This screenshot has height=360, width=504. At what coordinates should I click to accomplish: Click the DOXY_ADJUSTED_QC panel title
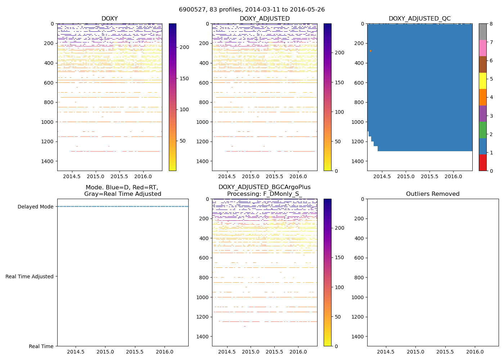(419, 19)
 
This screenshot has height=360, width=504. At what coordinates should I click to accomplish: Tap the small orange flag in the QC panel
(370, 51)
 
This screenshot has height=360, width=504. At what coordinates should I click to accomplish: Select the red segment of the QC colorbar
(482, 162)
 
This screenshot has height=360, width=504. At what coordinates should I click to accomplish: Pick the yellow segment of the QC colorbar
(482, 81)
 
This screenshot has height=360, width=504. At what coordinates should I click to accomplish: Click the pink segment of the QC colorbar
(482, 48)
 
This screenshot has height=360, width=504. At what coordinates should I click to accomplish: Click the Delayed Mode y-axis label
(35, 207)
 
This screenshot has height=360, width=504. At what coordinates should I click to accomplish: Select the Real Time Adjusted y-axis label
(30, 276)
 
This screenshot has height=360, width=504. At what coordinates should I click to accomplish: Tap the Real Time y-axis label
(41, 346)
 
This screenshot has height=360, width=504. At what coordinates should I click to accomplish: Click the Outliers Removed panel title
(433, 194)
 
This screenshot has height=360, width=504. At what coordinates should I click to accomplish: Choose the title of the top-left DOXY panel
(109, 19)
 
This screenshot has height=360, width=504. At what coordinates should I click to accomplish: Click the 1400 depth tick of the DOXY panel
(48, 161)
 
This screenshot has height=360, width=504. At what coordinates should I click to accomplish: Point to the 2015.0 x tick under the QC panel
(406, 176)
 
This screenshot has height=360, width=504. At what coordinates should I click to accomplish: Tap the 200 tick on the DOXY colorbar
(184, 47)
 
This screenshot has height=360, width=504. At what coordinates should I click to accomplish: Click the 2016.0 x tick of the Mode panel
(165, 352)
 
